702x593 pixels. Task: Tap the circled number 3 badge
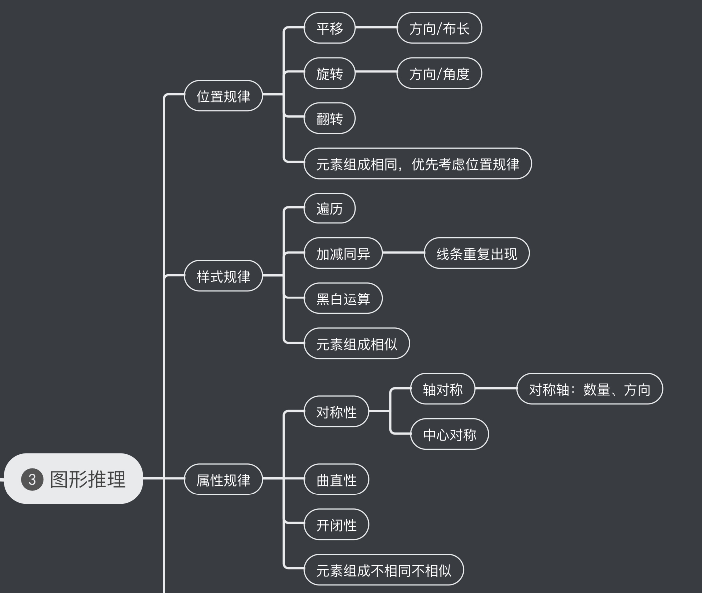click(32, 480)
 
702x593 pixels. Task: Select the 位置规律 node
click(223, 96)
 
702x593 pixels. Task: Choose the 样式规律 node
click(223, 276)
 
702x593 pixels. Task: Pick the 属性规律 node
click(223, 480)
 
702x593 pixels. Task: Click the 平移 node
click(329, 28)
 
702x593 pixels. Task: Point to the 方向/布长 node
click(439, 28)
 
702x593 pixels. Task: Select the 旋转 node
click(329, 73)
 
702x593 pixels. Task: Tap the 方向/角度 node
click(439, 73)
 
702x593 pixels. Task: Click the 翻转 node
click(329, 118)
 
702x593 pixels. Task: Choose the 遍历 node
click(329, 208)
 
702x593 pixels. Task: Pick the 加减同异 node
click(343, 253)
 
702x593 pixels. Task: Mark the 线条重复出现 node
click(476, 253)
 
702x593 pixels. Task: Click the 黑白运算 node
click(343, 298)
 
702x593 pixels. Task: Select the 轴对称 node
click(442, 389)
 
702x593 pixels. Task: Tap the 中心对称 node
click(449, 434)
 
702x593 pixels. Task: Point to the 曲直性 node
click(336, 480)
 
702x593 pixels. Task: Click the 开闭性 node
click(336, 524)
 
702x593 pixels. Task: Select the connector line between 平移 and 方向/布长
click(376, 27)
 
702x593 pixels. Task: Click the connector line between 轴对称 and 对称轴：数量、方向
click(496, 388)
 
